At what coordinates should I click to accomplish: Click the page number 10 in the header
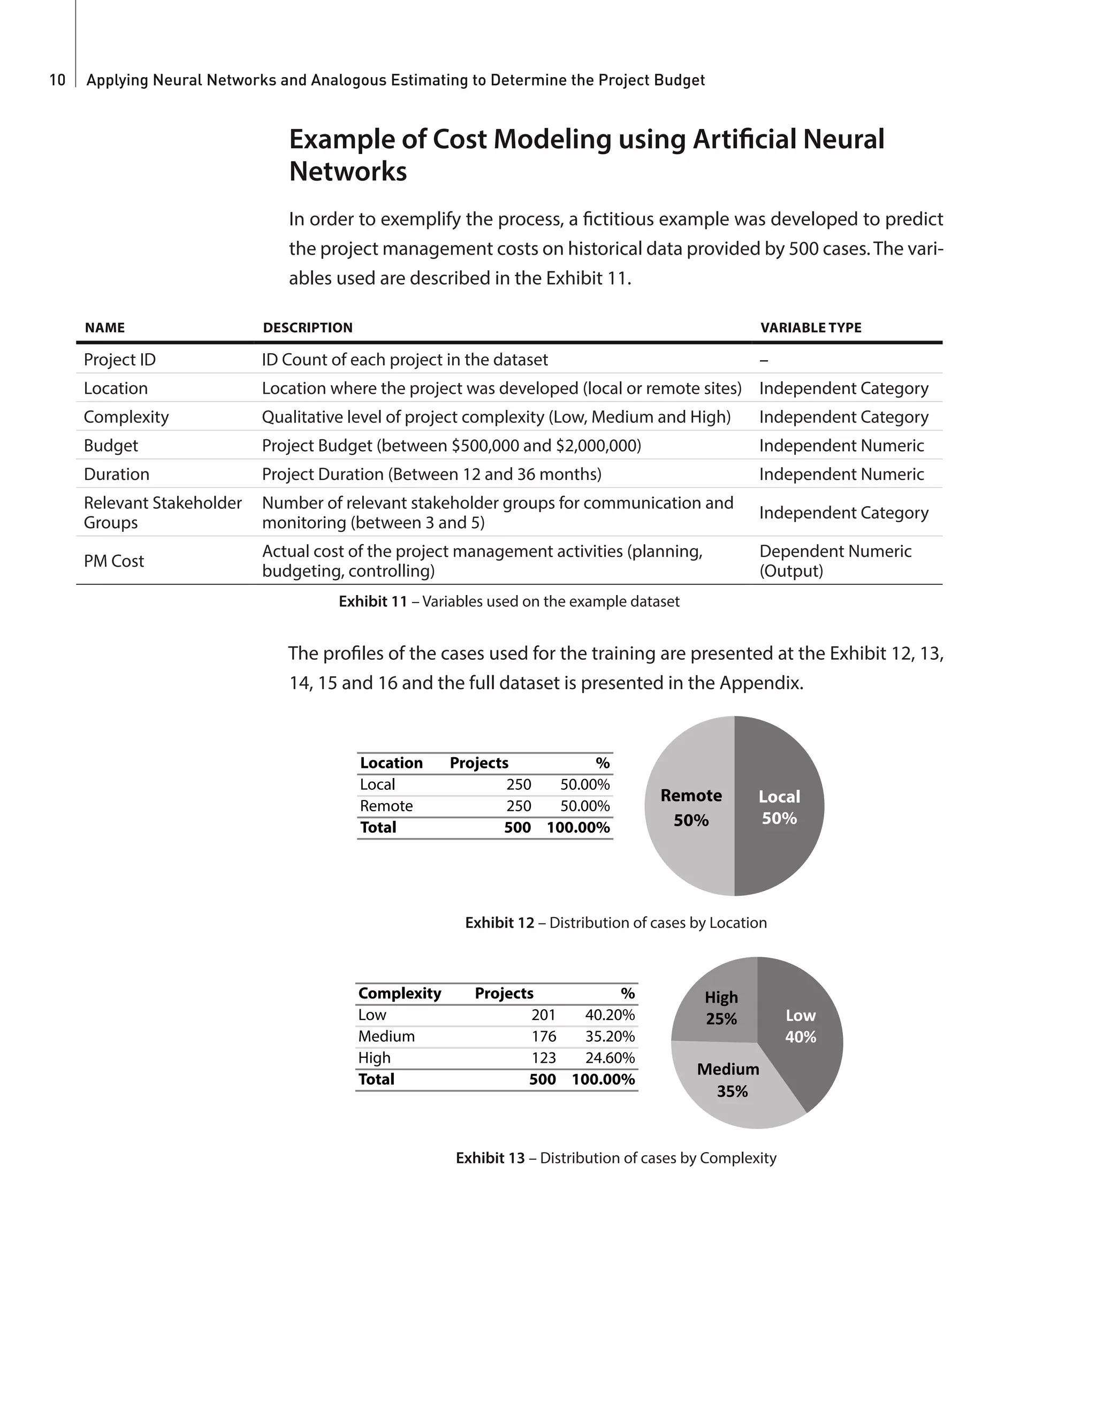(x=57, y=80)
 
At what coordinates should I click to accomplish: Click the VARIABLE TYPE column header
(x=810, y=328)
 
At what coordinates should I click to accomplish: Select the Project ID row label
(x=119, y=360)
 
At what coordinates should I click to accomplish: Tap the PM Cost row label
(x=113, y=561)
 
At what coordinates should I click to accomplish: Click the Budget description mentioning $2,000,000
(x=451, y=445)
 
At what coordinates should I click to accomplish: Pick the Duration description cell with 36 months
(x=431, y=474)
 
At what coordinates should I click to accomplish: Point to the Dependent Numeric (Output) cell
(x=835, y=561)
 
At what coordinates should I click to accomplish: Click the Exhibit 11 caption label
(x=372, y=601)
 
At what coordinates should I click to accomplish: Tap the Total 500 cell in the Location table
(x=517, y=827)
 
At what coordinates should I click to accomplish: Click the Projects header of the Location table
(x=478, y=763)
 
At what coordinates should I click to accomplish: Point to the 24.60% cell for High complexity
(x=610, y=1058)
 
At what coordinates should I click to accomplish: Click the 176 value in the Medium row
(x=544, y=1036)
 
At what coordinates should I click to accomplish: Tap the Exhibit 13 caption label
(x=490, y=1158)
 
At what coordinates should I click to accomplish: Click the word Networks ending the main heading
(x=348, y=171)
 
